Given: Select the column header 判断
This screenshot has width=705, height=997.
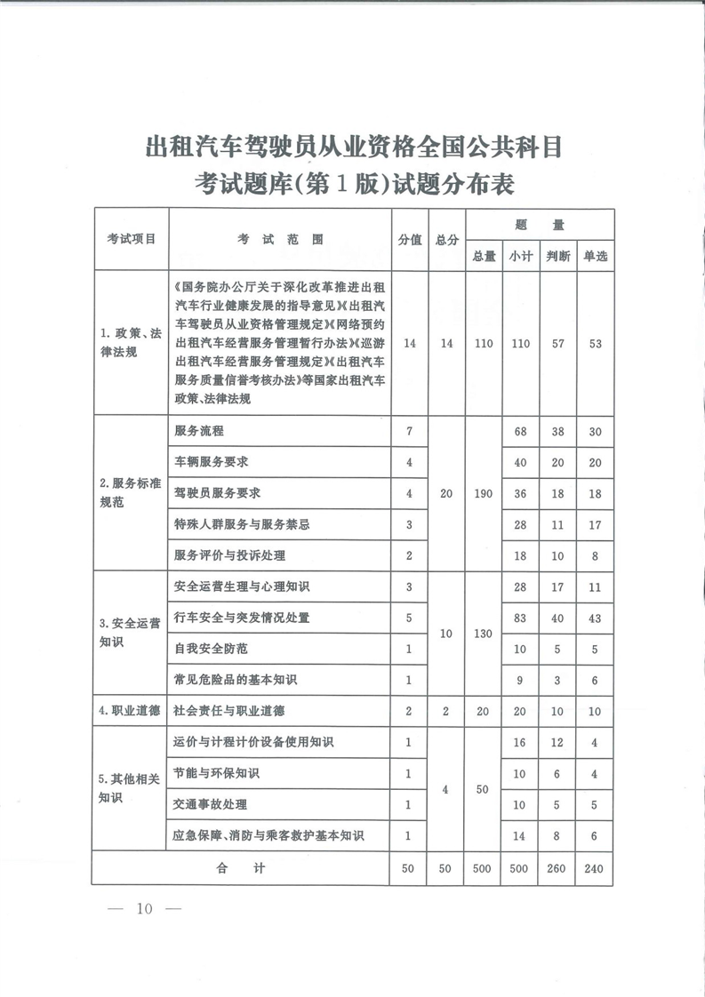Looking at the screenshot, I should coord(557,256).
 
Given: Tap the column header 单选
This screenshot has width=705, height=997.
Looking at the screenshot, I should coord(595,256).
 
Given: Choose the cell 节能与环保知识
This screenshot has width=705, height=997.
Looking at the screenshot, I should coord(217,773).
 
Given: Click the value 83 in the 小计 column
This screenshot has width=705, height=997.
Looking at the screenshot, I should coord(520,617).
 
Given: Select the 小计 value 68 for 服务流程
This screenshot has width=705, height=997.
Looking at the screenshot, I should coord(520,431).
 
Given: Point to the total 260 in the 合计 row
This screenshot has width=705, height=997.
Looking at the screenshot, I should coord(557,868).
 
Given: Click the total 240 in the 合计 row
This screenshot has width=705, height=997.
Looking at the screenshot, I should coord(595,868).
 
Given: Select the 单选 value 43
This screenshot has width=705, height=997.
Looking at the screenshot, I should coord(595,617).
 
